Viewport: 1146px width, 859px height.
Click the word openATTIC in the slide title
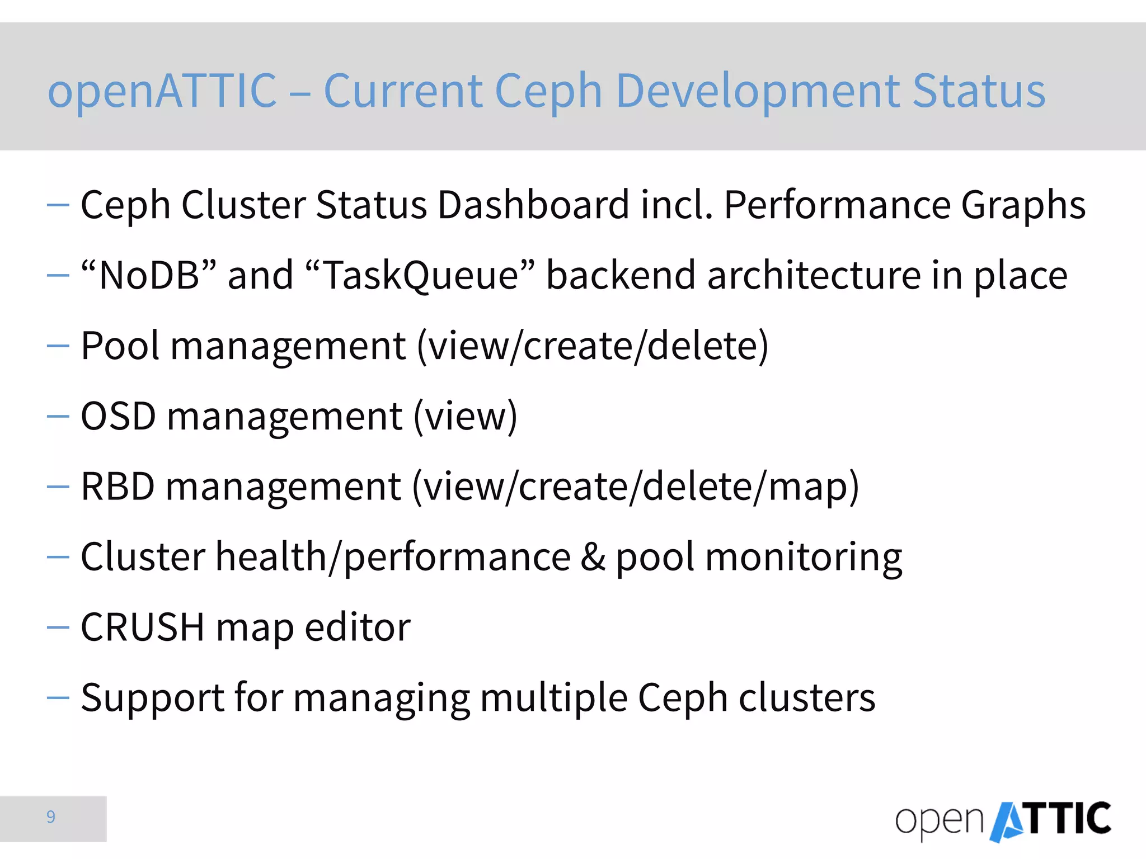pyautogui.click(x=162, y=91)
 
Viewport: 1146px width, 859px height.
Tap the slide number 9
pyautogui.click(x=51, y=817)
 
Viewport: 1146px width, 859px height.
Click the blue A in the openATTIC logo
pyautogui.click(x=1008, y=821)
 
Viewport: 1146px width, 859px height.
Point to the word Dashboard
pyautogui.click(x=533, y=205)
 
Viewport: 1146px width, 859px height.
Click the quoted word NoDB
pyautogui.click(x=148, y=275)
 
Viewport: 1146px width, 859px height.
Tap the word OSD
pyautogui.click(x=118, y=416)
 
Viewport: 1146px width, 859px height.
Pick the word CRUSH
pyautogui.click(x=143, y=627)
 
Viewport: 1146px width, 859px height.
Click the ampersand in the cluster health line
pyautogui.click(x=593, y=557)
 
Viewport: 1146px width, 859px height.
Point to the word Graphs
pyautogui.click(x=1023, y=206)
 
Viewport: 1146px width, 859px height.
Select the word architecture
pyautogui.click(x=814, y=275)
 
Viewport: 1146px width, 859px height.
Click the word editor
pyautogui.click(x=358, y=627)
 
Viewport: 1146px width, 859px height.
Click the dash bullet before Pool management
pyautogui.click(x=58, y=346)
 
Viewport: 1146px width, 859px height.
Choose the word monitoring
pyautogui.click(x=804, y=558)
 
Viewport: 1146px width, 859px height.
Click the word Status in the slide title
pyautogui.click(x=979, y=91)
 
